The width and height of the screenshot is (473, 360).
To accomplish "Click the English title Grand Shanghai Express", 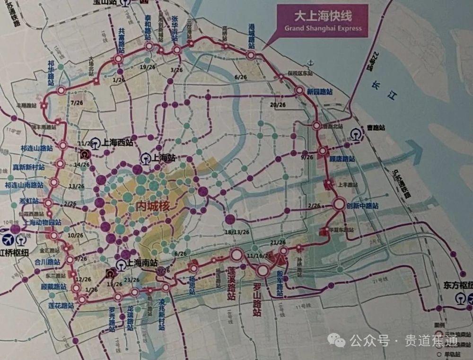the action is coord(323,28).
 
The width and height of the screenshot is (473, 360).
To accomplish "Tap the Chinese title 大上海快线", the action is coord(323,17).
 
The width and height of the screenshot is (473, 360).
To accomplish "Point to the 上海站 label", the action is coord(164,158).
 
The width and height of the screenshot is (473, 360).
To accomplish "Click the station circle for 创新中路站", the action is coord(339,205).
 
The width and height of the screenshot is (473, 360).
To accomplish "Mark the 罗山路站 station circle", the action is coord(263,271).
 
